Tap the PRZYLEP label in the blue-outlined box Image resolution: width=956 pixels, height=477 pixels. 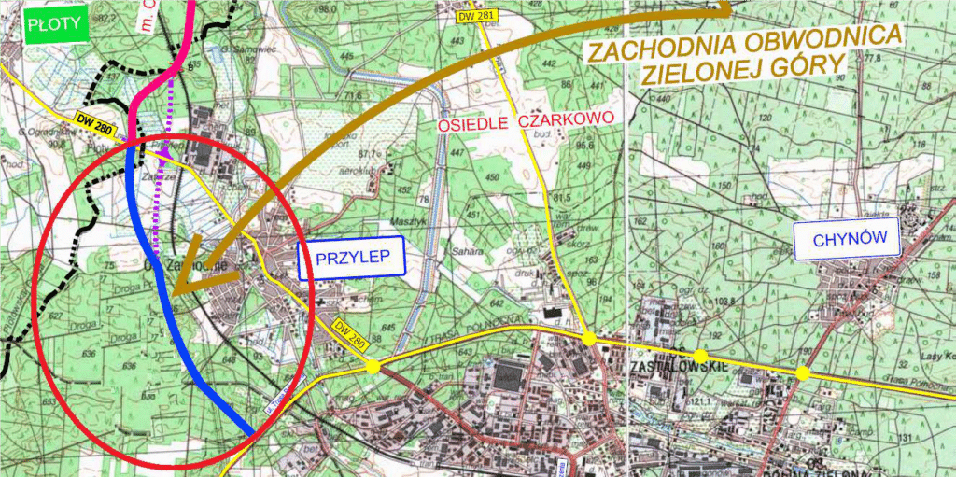tap(350, 260)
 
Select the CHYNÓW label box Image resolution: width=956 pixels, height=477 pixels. tap(847, 239)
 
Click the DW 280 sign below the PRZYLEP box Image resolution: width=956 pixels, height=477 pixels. tap(346, 333)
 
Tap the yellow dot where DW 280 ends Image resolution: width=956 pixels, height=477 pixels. tap(373, 367)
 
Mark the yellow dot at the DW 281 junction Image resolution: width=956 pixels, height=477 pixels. tap(589, 339)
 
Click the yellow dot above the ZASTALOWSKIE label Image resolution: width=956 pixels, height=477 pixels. tap(699, 356)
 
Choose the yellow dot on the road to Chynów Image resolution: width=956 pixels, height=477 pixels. tap(802, 373)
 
